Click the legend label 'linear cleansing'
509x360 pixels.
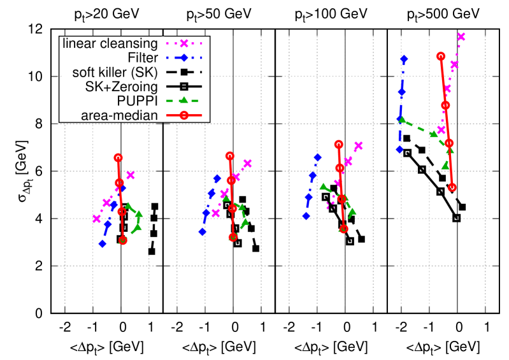click(110, 44)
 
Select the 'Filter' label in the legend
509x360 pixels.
click(142, 58)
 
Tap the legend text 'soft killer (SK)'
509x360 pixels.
click(115, 72)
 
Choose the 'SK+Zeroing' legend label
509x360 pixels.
click(121, 87)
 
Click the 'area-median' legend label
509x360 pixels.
click(119, 115)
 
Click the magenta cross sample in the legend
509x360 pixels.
click(183, 44)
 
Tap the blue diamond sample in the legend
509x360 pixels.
click(183, 58)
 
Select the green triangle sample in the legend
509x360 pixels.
click(183, 101)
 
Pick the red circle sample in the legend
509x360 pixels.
click(183, 115)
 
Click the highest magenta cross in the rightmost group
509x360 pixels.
click(461, 37)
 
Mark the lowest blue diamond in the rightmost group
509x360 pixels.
click(399, 150)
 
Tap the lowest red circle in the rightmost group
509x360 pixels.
click(452, 187)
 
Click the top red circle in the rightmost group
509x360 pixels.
click(440, 56)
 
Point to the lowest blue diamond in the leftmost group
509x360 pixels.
click(103, 243)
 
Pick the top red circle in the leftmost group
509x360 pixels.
click(118, 157)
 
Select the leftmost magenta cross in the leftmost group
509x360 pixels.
click(97, 219)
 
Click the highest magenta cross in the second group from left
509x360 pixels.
click(247, 164)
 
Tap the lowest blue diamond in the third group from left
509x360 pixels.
click(306, 216)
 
